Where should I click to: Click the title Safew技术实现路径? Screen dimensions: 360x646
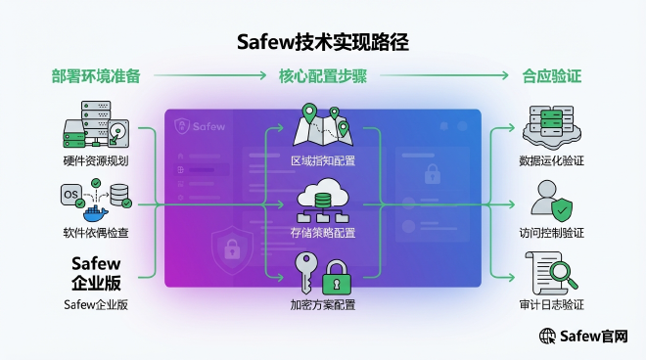[x=323, y=42]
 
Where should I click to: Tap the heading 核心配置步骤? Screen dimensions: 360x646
[x=322, y=75]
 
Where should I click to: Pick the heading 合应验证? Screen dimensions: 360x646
[x=551, y=75]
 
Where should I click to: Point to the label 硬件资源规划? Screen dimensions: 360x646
[x=96, y=160]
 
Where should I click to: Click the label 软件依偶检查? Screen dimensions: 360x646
[x=96, y=233]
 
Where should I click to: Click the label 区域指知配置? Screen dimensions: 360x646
[x=323, y=160]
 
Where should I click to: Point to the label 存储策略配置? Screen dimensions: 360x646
[x=323, y=233]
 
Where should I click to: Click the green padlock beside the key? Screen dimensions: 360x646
[x=337, y=278]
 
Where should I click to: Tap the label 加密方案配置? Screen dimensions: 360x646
[x=323, y=305]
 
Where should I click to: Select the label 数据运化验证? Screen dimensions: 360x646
[x=551, y=160]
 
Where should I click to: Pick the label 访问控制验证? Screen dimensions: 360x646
[x=551, y=233]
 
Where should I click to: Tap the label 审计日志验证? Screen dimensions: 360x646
[x=551, y=305]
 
